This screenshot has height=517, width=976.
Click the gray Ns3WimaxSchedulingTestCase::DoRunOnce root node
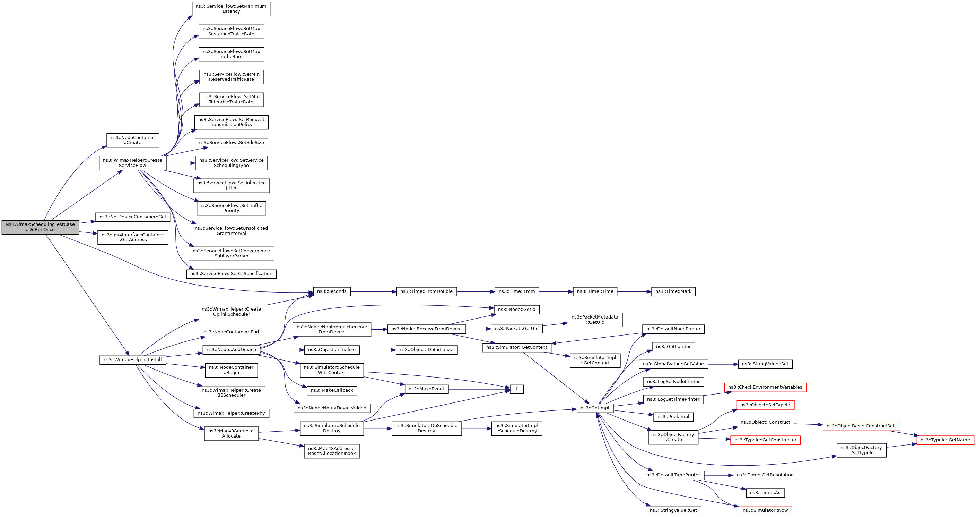40,227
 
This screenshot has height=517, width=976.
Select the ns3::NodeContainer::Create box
133,140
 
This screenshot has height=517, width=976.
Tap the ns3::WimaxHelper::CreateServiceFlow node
133,163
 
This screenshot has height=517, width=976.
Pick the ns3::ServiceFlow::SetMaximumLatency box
231,9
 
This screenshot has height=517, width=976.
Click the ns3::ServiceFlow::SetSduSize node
231,143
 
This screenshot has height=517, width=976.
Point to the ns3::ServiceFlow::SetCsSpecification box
231,274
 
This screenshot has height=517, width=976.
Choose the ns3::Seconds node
332,292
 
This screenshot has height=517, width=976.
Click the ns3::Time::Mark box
673,292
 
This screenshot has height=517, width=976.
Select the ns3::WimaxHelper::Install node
133,360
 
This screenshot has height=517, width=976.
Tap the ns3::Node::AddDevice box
231,350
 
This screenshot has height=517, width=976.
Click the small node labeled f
516,389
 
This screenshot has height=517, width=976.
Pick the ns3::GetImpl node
595,408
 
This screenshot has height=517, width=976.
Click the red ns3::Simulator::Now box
765,510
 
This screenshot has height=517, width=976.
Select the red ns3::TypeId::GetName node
945,440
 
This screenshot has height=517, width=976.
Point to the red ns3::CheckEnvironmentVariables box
765,387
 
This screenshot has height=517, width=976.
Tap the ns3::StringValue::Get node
673,510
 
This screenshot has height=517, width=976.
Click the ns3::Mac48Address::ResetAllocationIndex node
332,451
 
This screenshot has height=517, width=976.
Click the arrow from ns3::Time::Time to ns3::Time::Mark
634,292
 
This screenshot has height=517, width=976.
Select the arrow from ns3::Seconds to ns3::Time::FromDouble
373,292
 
